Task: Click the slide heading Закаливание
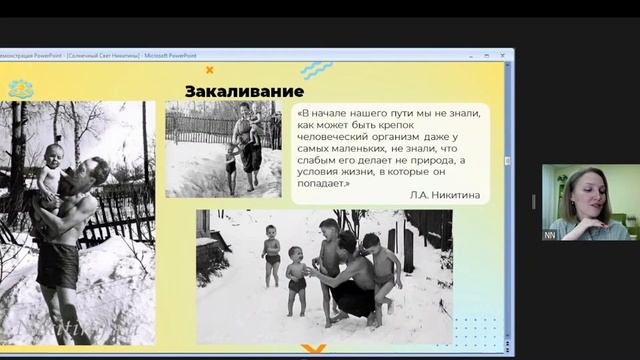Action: click(x=244, y=91)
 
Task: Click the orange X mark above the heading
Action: click(x=209, y=70)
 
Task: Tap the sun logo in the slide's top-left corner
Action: click(x=20, y=88)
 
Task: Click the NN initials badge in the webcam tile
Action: click(x=549, y=233)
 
